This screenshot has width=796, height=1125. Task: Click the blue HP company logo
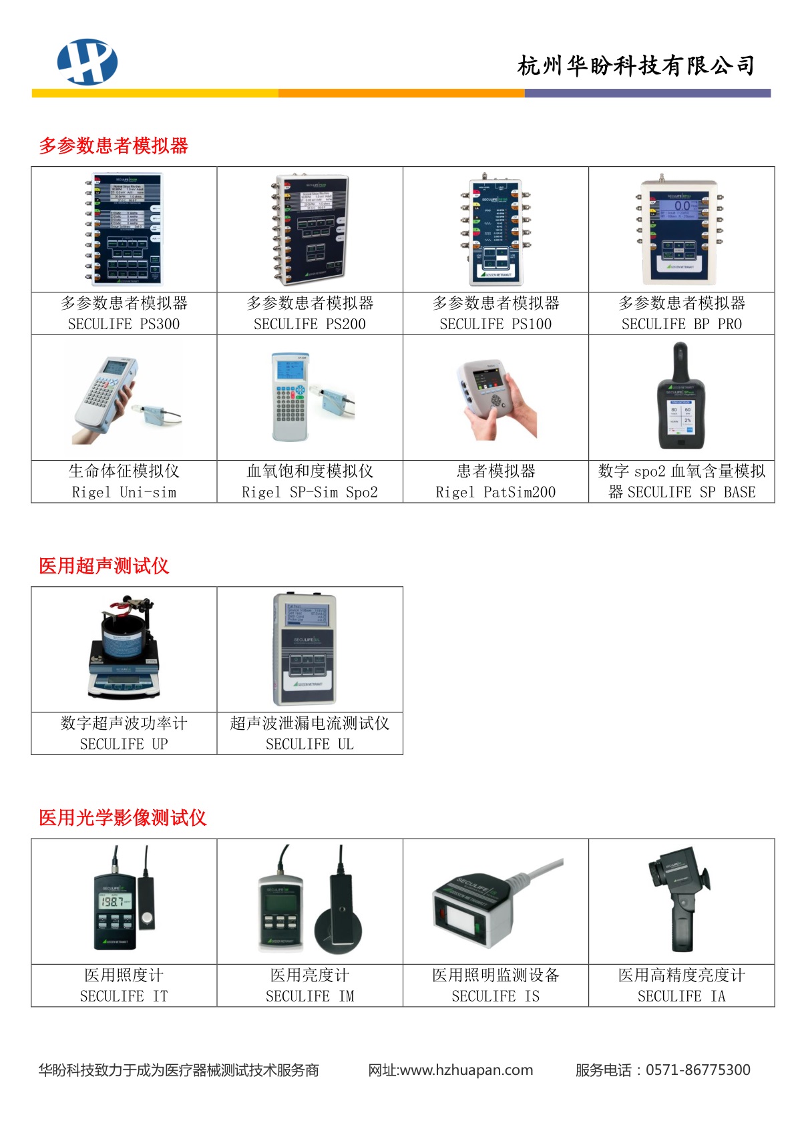click(x=87, y=62)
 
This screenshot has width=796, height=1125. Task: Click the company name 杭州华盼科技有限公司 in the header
click(x=636, y=66)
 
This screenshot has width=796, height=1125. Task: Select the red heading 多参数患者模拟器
click(x=114, y=146)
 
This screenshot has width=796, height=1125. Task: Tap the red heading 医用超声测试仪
click(x=104, y=566)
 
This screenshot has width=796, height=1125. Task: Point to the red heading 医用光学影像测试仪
click(x=123, y=818)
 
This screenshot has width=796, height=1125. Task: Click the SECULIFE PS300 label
click(x=124, y=324)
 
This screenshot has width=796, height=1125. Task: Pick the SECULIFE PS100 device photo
click(x=495, y=230)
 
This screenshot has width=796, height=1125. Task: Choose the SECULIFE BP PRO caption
click(x=682, y=324)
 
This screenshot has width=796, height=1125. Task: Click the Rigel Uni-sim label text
click(x=124, y=492)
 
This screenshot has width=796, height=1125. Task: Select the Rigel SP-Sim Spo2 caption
click(x=309, y=492)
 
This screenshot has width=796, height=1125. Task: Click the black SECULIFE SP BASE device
click(x=681, y=397)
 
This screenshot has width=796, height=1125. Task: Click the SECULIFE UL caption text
click(x=309, y=744)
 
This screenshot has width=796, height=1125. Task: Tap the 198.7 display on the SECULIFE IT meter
click(x=114, y=901)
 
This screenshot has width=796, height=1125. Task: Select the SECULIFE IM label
click(x=309, y=996)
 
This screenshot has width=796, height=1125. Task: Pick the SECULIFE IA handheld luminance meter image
click(x=679, y=899)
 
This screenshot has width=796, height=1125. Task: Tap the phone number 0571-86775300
click(x=698, y=1070)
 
